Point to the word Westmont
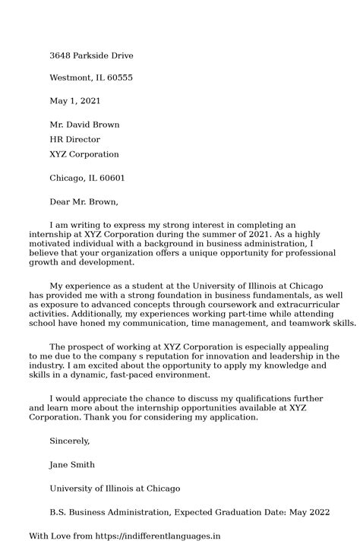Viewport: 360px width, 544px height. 71,77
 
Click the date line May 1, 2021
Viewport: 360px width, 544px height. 74,100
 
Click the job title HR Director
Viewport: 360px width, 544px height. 74,140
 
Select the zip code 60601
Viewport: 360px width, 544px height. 109,179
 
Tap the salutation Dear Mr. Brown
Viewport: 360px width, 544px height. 84,202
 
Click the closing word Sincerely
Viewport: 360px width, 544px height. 70,441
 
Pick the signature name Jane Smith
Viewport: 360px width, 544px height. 72,464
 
